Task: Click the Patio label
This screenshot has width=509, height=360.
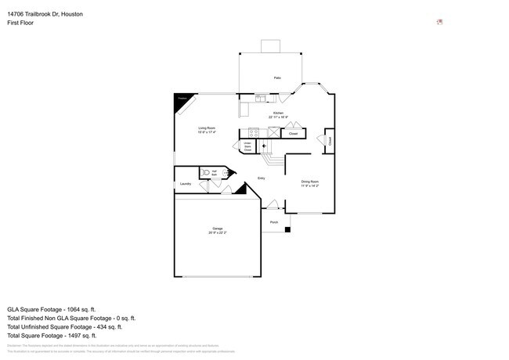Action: tap(277, 78)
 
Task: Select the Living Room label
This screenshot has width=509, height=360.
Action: tap(207, 129)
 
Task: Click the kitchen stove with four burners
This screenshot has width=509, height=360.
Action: tap(254, 133)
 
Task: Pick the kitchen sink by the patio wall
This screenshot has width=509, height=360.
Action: tap(260, 98)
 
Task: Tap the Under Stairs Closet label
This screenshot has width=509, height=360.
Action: tap(247, 146)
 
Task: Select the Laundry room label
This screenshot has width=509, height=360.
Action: tap(186, 184)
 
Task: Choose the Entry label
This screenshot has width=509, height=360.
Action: tap(262, 179)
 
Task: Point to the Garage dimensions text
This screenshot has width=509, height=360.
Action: tap(217, 232)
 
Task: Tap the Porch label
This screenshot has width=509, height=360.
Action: tap(274, 222)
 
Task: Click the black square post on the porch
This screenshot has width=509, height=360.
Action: tap(288, 229)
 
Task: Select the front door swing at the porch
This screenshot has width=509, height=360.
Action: tap(272, 206)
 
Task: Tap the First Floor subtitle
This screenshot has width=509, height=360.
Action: tap(20, 23)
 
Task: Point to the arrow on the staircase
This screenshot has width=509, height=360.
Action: tap(264, 146)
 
